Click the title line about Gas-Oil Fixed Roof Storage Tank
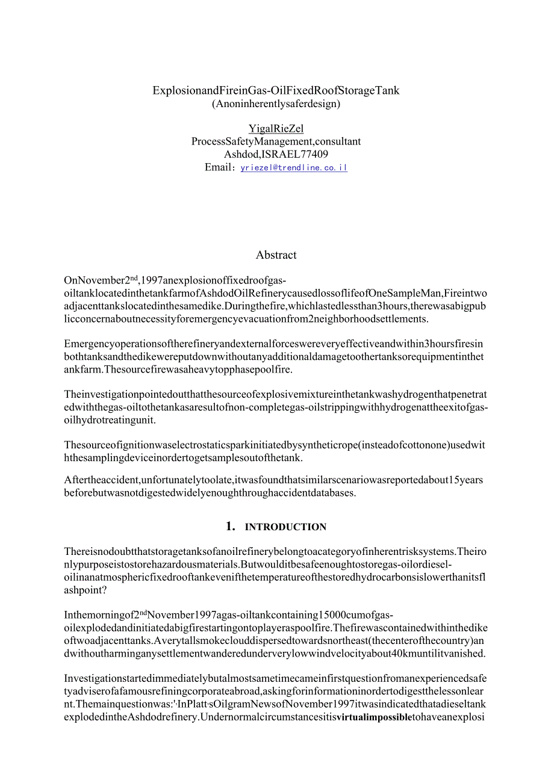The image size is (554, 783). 276,90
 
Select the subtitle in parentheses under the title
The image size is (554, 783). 276,104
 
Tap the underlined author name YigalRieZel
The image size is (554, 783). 276,128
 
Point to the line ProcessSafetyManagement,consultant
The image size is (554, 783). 276,141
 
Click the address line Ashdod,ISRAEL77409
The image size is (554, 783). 276,154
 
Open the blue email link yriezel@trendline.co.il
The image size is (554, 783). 294,168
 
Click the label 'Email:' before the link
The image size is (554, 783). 220,167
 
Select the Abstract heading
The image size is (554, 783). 276,255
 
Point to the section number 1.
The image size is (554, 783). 230,527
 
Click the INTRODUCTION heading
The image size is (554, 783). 285,527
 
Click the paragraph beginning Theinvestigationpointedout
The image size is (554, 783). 276,407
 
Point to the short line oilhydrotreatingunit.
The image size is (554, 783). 110,419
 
